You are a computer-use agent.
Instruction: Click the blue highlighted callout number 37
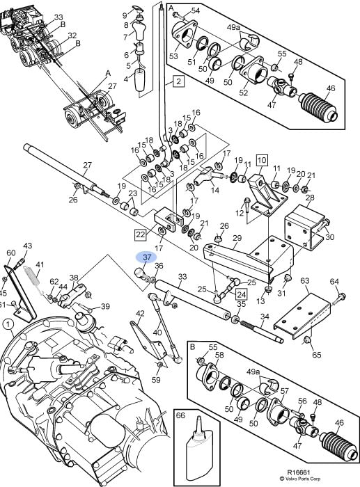(146, 257)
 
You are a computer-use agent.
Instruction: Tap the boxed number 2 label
(178, 81)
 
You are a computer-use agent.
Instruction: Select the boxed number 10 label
(262, 160)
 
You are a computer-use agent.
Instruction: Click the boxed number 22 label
(141, 234)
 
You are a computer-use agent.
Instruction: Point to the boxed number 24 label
(241, 294)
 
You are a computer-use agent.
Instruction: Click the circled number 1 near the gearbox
(8, 325)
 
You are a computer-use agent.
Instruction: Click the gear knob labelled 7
(139, 30)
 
